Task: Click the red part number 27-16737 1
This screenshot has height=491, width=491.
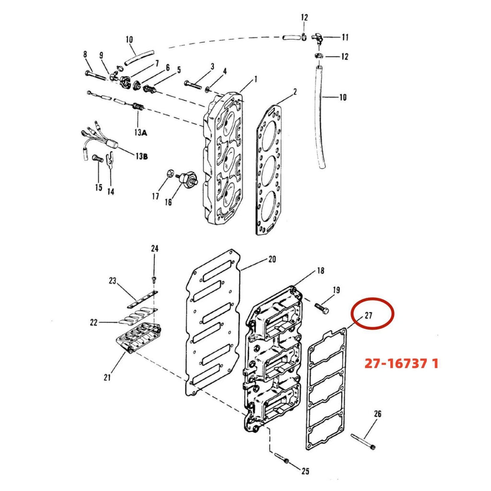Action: pyautogui.click(x=401, y=363)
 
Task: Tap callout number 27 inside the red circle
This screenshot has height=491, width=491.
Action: pyautogui.click(x=368, y=315)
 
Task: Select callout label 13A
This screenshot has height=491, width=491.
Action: pyautogui.click(x=140, y=132)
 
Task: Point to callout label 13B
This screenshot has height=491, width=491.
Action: pyautogui.click(x=141, y=156)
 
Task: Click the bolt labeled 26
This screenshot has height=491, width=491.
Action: pyautogui.click(x=363, y=441)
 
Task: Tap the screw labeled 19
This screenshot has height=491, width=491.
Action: pyautogui.click(x=321, y=307)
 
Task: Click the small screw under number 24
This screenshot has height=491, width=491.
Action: pyautogui.click(x=154, y=279)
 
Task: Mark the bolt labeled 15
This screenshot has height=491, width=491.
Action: pyautogui.click(x=98, y=159)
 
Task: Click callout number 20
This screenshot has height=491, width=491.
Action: pyautogui.click(x=272, y=259)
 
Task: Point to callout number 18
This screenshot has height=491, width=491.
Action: pyautogui.click(x=321, y=270)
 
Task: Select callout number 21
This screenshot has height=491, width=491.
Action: pyautogui.click(x=107, y=378)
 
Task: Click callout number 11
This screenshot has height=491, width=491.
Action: pyautogui.click(x=345, y=37)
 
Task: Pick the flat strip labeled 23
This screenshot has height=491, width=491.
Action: pyautogui.click(x=142, y=299)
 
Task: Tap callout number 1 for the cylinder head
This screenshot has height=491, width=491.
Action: pyautogui.click(x=256, y=79)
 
